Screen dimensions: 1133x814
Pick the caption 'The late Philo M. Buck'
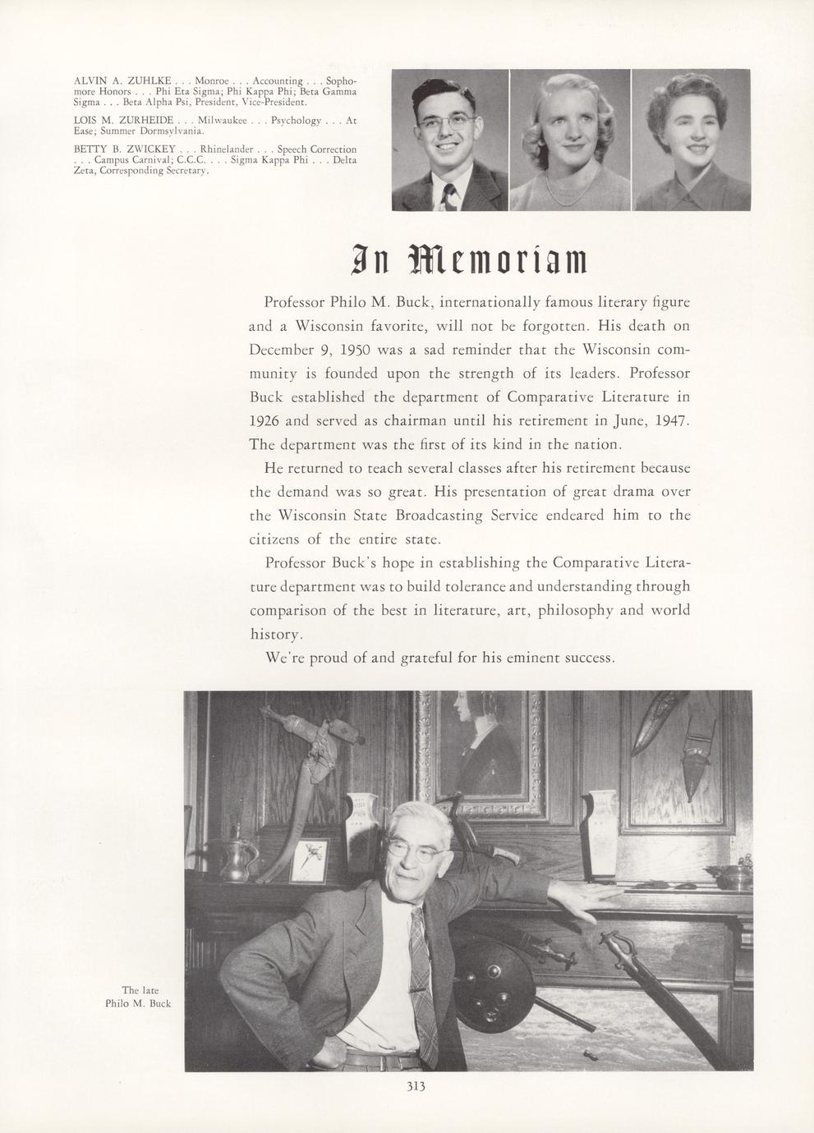click(138, 997)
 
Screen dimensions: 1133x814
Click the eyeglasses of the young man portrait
click(447, 123)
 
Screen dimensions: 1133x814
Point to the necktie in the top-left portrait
click(448, 196)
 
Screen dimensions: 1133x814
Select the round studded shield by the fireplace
click(490, 981)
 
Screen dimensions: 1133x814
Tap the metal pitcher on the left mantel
click(227, 859)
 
